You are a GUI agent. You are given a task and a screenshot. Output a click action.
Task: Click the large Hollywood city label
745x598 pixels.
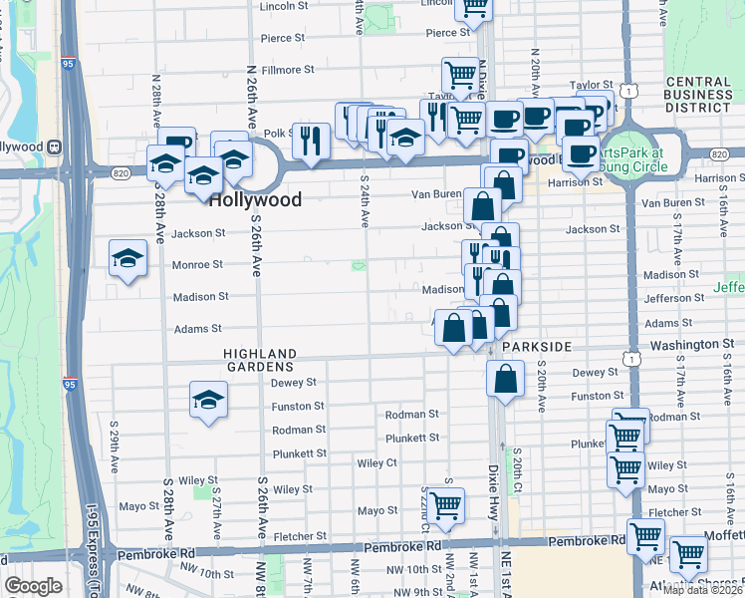tap(254, 199)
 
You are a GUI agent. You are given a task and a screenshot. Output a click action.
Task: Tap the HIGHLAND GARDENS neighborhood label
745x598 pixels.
tap(260, 360)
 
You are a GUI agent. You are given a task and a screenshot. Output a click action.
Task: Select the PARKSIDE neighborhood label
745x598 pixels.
tap(537, 346)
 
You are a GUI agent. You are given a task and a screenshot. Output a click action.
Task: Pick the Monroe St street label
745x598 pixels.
tap(197, 265)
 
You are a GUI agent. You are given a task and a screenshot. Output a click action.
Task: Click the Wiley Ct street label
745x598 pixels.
tap(377, 462)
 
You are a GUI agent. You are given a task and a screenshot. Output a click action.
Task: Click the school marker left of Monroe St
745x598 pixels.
tap(128, 260)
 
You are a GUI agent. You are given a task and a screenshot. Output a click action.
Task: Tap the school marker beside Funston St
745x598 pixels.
tap(208, 401)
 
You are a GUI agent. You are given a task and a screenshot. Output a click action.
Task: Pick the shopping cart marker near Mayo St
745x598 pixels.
tap(445, 506)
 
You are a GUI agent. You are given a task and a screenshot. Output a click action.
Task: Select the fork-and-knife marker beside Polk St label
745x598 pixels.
tap(312, 141)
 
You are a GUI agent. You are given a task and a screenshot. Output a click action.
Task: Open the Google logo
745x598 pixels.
tap(34, 586)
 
